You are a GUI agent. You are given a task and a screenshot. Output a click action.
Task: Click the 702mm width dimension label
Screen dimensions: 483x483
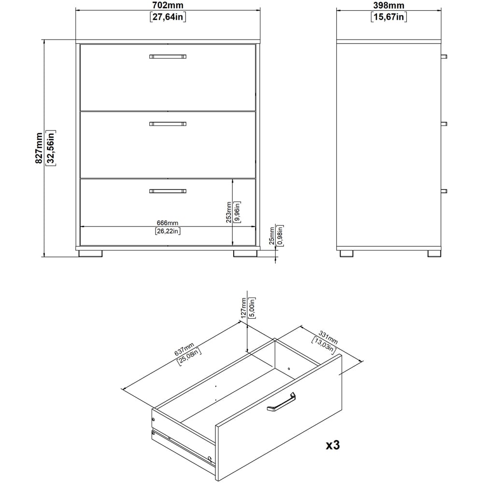point(168,5)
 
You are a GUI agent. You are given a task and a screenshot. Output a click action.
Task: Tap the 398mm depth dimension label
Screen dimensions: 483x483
point(389,5)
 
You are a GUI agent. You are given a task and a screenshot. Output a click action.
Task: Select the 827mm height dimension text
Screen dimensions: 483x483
point(38,148)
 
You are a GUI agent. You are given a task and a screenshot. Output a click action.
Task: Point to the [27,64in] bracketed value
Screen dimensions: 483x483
point(168,17)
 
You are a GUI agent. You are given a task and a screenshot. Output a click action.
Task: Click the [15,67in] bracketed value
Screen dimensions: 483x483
point(389,17)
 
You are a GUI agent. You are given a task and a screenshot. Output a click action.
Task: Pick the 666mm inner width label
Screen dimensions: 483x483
point(168,223)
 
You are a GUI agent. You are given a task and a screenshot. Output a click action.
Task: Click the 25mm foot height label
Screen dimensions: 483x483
point(271,236)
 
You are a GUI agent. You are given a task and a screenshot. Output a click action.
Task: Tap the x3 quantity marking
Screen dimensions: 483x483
point(333,444)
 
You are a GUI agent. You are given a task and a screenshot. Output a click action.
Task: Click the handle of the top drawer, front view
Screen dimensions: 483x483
point(168,57)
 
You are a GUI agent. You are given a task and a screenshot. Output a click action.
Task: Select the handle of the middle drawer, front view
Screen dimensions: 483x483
point(168,124)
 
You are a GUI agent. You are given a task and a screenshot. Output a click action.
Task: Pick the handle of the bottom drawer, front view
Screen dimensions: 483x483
point(168,191)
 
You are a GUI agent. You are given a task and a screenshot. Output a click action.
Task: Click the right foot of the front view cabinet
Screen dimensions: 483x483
point(245,253)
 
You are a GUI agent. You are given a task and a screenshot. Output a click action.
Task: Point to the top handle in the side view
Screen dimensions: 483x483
point(444,57)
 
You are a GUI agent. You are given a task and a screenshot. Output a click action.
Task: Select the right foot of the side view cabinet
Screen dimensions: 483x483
point(434,253)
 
